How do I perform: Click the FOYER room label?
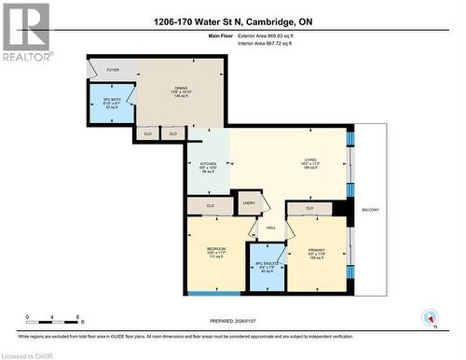[113, 69]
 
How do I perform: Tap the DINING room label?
[182, 88]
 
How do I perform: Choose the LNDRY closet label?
[248, 201]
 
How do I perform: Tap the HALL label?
[270, 227]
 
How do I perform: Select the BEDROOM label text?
[216, 249]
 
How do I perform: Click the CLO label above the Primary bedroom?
[309, 208]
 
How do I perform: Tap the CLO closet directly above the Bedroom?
[210, 205]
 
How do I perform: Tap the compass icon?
[430, 317]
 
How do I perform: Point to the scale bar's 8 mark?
[76, 317]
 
